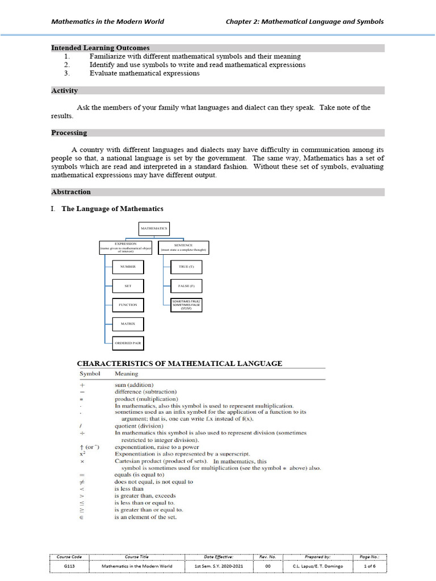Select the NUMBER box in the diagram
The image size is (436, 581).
(128, 266)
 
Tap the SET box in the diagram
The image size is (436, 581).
(128, 286)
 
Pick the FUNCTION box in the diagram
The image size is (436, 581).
(128, 305)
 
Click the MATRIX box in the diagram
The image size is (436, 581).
(128, 324)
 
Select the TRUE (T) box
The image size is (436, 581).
(186, 266)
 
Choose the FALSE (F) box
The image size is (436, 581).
(186, 286)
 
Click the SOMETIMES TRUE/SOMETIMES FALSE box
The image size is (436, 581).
(186, 305)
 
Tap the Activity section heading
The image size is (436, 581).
(65, 91)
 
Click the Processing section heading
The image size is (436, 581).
(69, 133)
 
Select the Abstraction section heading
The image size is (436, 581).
(71, 192)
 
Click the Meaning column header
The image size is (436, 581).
(126, 374)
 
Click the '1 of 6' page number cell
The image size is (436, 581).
(369, 566)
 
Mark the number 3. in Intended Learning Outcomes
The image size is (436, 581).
(67, 73)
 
